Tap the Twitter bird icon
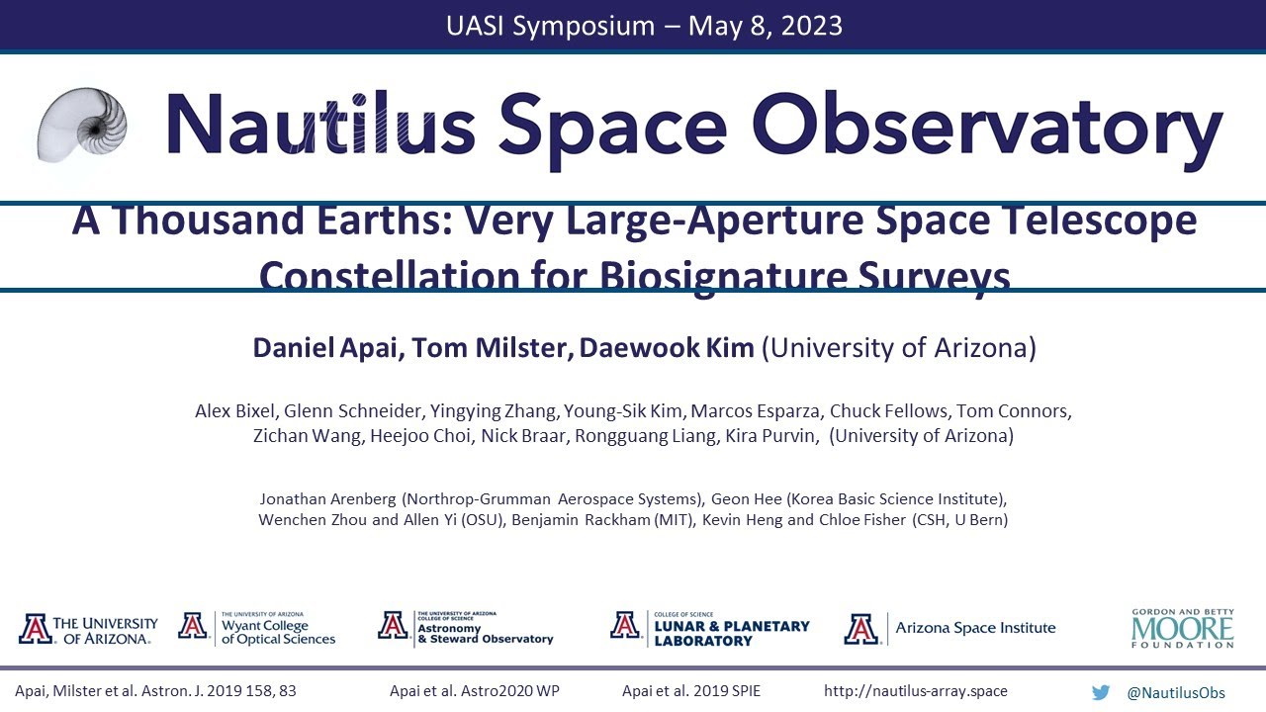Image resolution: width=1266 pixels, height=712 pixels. (1101, 692)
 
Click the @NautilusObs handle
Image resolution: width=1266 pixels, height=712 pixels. (1176, 692)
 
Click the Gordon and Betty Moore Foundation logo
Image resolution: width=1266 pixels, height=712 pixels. (1183, 628)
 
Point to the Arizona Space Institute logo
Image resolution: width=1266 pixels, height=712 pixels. (949, 628)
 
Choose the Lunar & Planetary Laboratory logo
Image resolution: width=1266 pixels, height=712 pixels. (709, 628)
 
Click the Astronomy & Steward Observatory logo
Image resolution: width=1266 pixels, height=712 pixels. (465, 628)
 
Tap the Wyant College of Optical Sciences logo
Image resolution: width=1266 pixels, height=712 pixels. (257, 628)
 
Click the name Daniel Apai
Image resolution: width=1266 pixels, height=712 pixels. (328, 348)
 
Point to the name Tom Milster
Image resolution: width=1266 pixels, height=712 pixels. (492, 348)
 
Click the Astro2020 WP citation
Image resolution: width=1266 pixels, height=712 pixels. (475, 692)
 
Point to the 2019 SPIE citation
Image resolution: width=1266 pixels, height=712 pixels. (691, 692)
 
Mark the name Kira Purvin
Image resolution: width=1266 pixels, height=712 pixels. (772, 436)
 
